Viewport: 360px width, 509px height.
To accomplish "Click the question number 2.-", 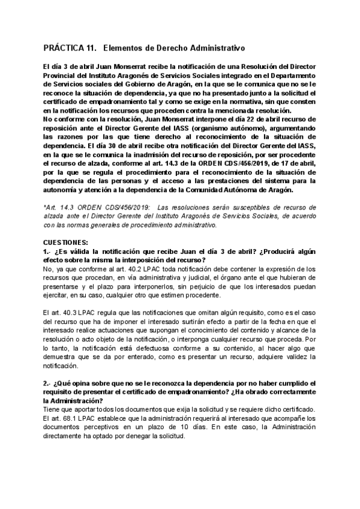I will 47,383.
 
